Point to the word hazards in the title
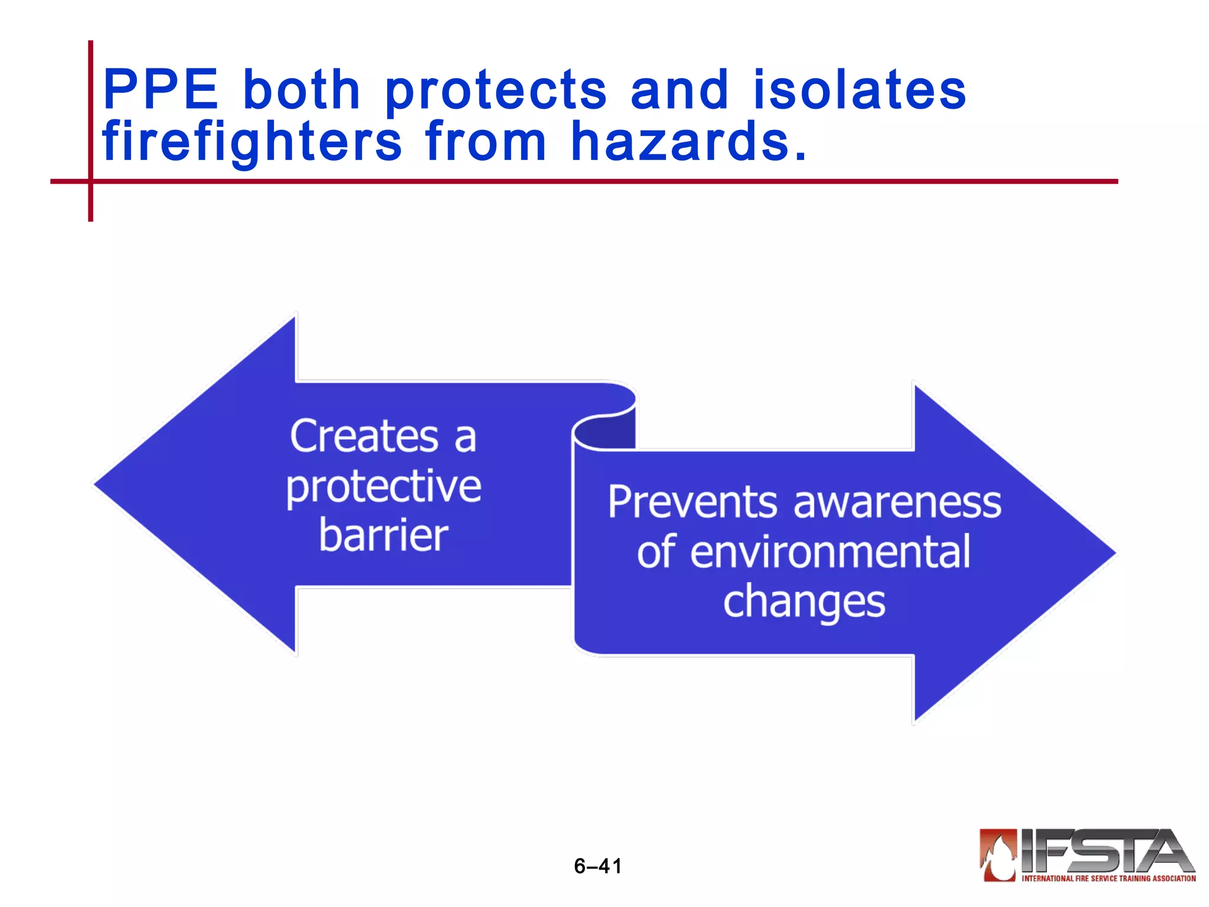click(x=688, y=142)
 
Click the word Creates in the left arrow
click(x=364, y=436)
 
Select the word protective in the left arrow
click(x=384, y=488)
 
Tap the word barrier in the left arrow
click(x=384, y=536)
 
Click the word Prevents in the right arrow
click(x=692, y=503)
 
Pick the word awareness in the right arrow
click(x=897, y=503)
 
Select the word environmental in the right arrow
click(x=830, y=552)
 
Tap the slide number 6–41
click(x=597, y=866)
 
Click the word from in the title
click(x=485, y=142)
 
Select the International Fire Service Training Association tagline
click(x=1108, y=878)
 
